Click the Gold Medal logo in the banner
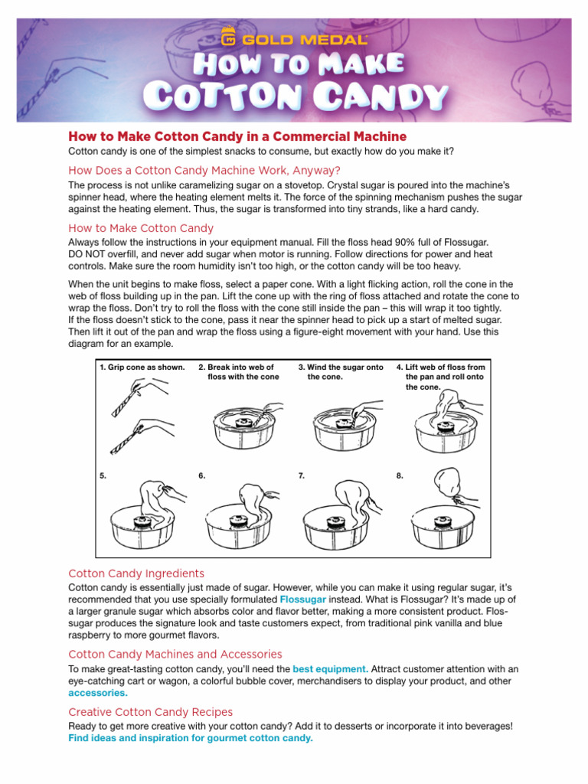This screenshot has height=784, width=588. [x=294, y=38]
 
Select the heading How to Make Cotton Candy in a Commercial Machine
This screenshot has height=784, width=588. [x=237, y=136]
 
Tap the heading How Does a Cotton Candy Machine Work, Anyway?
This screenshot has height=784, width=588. [x=204, y=170]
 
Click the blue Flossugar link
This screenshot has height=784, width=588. [x=302, y=599]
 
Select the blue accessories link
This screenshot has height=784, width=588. [x=98, y=692]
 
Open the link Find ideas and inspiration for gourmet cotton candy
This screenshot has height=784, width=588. [x=191, y=738]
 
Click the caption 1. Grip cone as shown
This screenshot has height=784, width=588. [x=142, y=367]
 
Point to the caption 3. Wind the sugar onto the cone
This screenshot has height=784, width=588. [x=341, y=372]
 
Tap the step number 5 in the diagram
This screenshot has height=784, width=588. [x=103, y=475]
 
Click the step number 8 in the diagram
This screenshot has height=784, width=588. [x=400, y=475]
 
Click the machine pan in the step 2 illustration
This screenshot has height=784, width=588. [x=241, y=434]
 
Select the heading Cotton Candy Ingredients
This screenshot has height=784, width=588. [x=136, y=573]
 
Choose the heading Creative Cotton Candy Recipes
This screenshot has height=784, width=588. [x=151, y=711]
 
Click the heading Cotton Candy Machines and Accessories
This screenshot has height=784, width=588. [x=175, y=654]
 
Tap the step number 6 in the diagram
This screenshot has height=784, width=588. [x=201, y=475]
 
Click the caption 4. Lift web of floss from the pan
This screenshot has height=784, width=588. [x=440, y=377]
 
